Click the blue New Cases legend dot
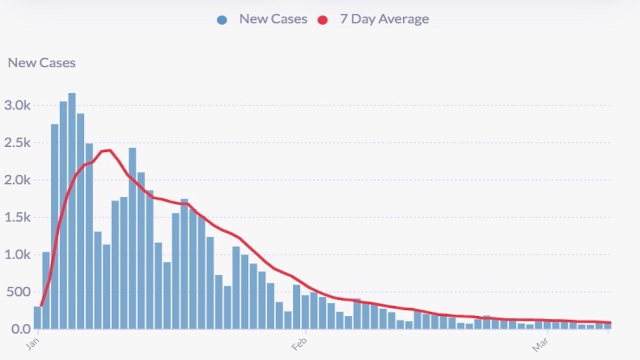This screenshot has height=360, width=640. [222, 20]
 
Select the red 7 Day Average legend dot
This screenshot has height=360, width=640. [322, 20]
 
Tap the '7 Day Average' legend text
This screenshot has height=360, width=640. [384, 19]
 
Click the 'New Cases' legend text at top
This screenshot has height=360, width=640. [273, 19]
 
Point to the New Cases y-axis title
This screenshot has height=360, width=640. [42, 63]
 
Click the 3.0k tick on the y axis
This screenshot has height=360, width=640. [18, 105]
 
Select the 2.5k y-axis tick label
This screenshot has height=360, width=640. [18, 142]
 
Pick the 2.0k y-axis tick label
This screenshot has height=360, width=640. [18, 180]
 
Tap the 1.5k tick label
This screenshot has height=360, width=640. [18, 217]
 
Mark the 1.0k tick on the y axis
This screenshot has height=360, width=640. [18, 254]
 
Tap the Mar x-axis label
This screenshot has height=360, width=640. [540, 345]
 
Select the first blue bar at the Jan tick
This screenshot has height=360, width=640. [37, 318]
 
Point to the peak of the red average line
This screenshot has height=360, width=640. [108, 150]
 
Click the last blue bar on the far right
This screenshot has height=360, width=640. [607, 326]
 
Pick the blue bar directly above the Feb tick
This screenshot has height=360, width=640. [305, 312]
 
